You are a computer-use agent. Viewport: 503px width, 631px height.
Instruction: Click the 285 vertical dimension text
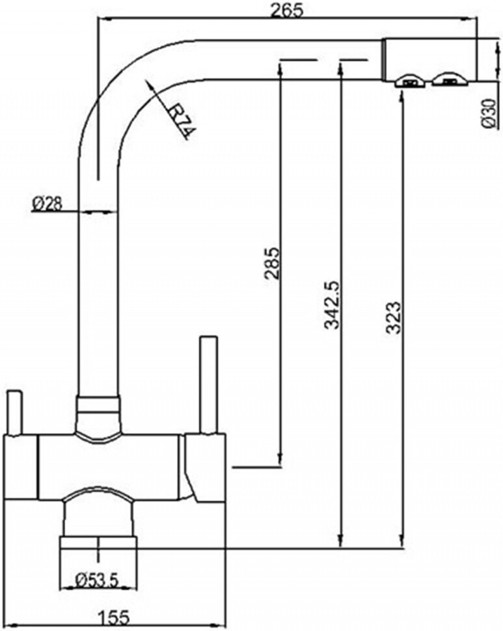point(273,262)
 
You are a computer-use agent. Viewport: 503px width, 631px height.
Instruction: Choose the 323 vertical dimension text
point(393,317)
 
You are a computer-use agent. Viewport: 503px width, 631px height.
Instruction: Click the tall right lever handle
point(208,384)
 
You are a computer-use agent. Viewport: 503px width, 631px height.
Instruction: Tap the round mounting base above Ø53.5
point(98,544)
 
